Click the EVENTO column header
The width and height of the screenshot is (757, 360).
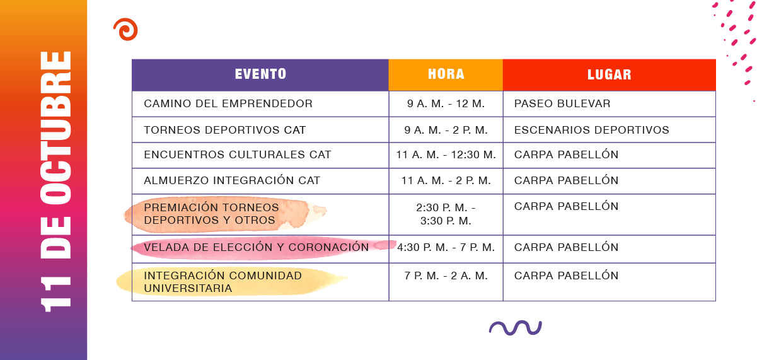[x=260, y=74]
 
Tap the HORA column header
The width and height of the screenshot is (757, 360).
[x=446, y=74]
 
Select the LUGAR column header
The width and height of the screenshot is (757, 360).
[x=610, y=74]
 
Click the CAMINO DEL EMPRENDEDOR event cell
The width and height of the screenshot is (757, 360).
[x=228, y=103]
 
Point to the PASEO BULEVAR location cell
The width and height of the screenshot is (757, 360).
[x=562, y=103]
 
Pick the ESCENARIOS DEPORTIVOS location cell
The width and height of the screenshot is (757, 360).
[x=592, y=130]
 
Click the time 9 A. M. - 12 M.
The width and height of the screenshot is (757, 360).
[x=446, y=103]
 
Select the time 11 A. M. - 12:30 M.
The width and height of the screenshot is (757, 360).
[x=446, y=155]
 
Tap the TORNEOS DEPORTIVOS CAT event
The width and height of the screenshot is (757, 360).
[x=225, y=130]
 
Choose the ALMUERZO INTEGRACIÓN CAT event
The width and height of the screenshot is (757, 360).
[x=232, y=180]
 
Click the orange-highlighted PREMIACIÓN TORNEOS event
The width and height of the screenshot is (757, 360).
[x=211, y=214]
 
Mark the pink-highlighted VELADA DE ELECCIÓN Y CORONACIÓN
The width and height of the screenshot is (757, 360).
[x=256, y=247]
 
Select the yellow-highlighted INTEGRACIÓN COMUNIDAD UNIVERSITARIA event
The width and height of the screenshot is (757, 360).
[x=222, y=282]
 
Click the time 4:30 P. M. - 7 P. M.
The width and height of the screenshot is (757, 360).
[x=446, y=247]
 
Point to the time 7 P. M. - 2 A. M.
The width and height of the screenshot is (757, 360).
[x=446, y=276]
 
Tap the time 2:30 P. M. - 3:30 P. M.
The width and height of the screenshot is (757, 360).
[x=446, y=214]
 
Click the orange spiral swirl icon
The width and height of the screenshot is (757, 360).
[x=125, y=30]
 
